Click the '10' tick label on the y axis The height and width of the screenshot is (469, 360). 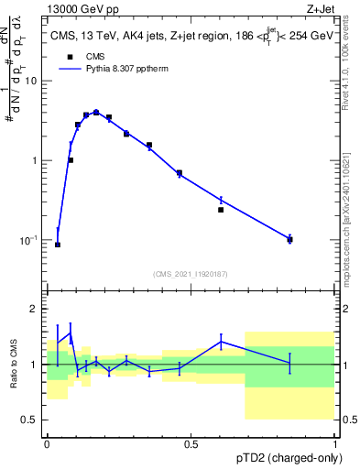coord(31,81)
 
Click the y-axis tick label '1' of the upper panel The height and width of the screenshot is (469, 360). coord(35,160)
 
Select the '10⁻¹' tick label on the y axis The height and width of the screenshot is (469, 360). coord(29,240)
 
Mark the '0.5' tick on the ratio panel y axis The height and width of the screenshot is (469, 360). coord(29,420)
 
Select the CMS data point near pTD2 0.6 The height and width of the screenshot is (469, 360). coord(221,210)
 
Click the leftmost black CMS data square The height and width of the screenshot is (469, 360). coord(58,245)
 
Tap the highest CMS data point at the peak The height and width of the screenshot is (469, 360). coord(96,113)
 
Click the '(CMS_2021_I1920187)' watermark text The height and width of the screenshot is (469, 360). coord(190,273)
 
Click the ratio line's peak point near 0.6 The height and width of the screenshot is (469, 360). coord(221,342)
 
